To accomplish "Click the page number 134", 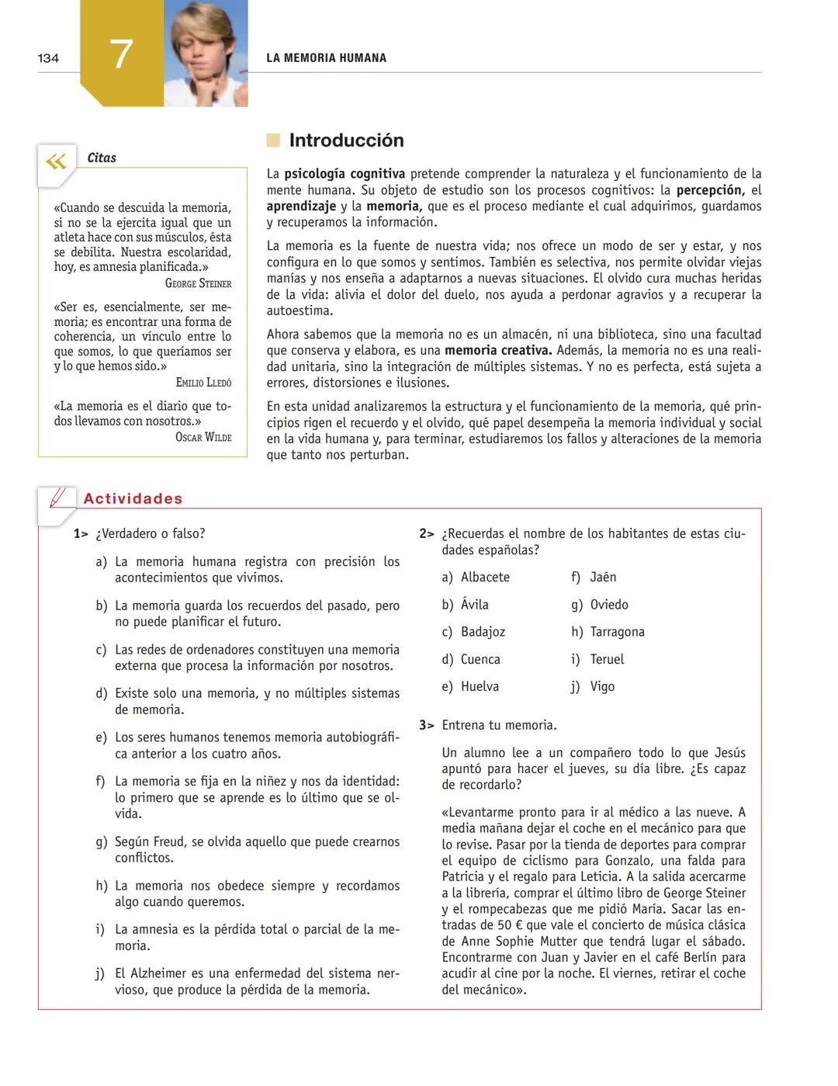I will (48, 58).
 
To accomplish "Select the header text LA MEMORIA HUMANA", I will (326, 58).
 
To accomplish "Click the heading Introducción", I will (346, 141).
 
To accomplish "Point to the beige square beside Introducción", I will (273, 141).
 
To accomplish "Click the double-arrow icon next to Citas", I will (56, 161).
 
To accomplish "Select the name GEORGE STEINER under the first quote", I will (198, 283).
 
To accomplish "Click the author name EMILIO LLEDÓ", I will (203, 382).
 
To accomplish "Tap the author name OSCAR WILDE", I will (203, 437).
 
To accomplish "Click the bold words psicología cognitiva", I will (345, 174).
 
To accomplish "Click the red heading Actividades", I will (133, 499).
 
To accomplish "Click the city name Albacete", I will (485, 577).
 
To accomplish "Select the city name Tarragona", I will (617, 632).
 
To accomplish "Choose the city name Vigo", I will (602, 686).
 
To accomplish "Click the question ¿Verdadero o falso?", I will (150, 533).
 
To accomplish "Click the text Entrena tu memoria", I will (499, 725).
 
